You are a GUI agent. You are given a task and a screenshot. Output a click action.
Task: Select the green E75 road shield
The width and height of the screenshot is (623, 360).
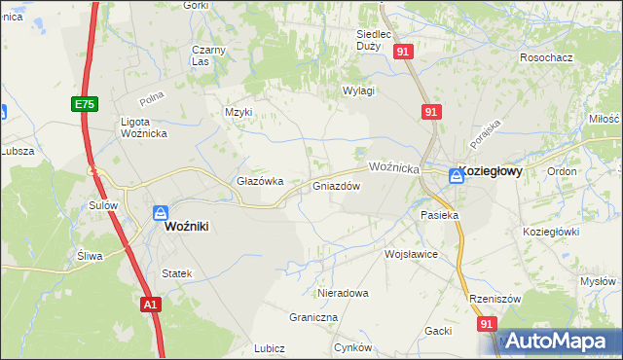[82, 102]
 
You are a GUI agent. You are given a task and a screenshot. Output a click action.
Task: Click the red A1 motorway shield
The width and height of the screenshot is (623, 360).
[149, 305]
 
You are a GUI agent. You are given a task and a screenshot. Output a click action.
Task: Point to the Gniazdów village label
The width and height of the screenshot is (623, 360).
[337, 186]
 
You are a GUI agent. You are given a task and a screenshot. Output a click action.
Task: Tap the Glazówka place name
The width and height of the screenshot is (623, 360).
[260, 181]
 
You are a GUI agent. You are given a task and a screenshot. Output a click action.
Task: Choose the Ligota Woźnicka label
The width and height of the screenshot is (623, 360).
[146, 127]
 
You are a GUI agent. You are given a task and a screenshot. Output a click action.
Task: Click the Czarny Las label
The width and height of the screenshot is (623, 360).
[208, 55]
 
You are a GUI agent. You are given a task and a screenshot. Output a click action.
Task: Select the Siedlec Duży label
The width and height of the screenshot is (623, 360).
[373, 39]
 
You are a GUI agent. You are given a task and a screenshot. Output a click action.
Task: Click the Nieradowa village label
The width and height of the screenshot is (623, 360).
[343, 292]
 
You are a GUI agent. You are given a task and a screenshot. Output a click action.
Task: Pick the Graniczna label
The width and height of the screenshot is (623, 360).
[313, 317]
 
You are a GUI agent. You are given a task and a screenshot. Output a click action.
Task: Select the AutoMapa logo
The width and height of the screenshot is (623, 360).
[552, 341]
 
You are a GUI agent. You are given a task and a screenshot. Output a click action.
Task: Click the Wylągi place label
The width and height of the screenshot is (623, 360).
[358, 90]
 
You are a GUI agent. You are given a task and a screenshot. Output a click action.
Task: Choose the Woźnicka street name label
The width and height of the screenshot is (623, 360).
[394, 168]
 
